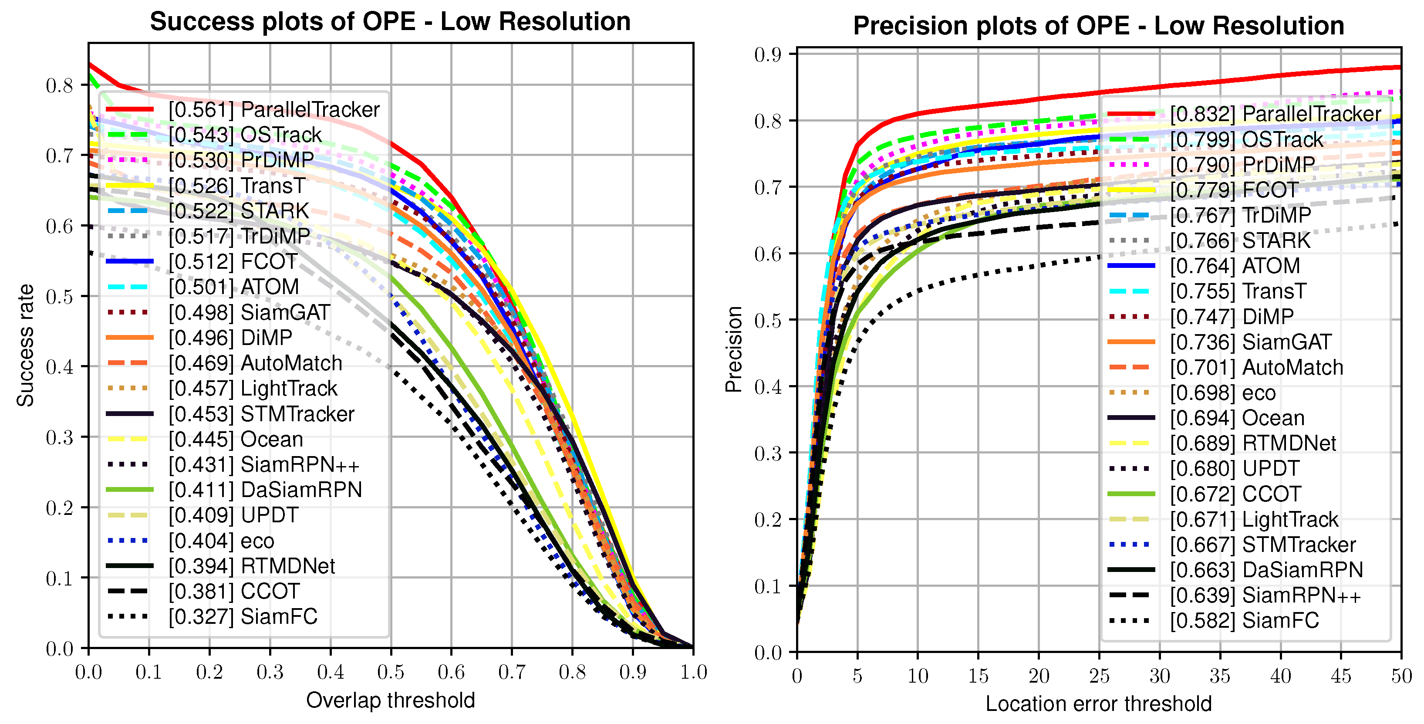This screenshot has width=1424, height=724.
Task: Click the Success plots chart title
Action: pos(390,22)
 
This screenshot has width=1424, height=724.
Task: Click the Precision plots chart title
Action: pos(1098,26)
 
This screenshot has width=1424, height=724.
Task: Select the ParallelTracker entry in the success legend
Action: pos(273,109)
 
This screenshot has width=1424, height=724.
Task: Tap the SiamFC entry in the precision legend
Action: pos(1244,621)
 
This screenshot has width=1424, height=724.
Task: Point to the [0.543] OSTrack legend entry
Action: pos(245,135)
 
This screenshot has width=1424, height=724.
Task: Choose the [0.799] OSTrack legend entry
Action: pos(1247,139)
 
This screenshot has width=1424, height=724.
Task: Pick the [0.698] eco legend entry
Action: pos(1223,392)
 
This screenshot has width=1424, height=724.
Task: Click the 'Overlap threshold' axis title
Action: pos(390,700)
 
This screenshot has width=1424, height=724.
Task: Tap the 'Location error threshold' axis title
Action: pos(1098,704)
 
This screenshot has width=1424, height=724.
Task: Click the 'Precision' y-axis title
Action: pos(734,349)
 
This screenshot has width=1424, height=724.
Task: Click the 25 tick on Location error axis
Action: pos(1099,676)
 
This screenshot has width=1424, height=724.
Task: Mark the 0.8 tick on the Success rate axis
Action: pos(60,85)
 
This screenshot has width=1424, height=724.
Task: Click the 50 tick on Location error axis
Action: pos(1401,676)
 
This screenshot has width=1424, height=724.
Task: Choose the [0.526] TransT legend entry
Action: pos(236,186)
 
